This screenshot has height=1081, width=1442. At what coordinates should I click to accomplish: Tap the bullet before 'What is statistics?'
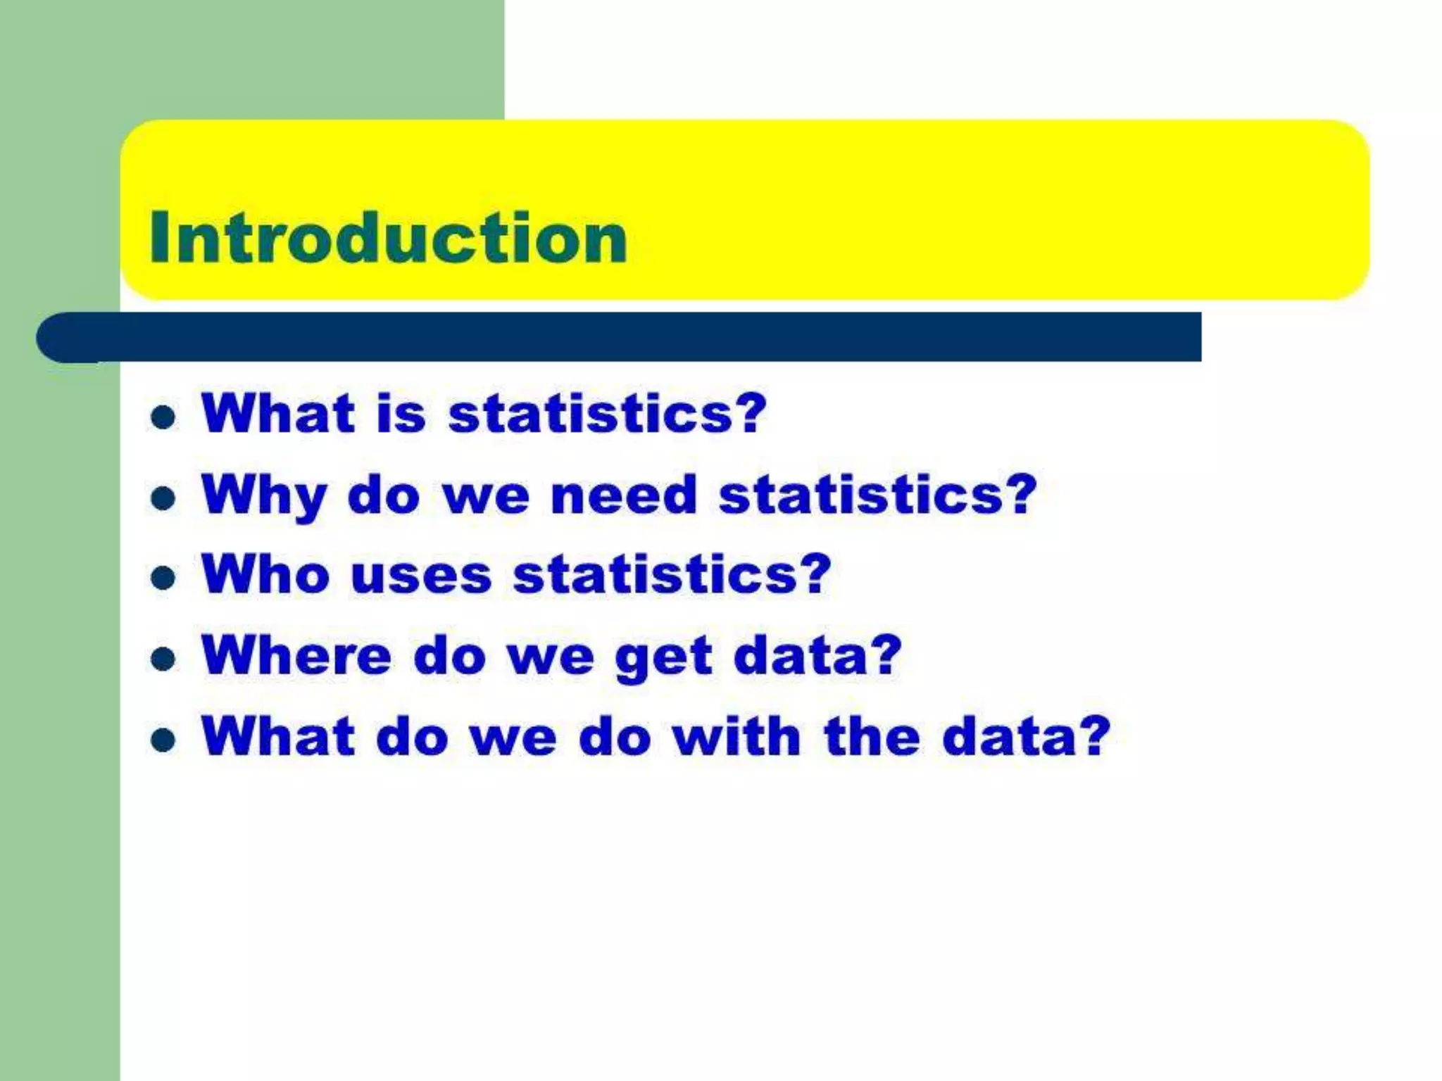163,417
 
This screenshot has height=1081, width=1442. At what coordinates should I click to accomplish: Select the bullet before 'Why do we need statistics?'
163,498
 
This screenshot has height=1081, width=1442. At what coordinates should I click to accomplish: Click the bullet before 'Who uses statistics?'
163,578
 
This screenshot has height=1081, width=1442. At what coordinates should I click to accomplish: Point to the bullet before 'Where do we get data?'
163,659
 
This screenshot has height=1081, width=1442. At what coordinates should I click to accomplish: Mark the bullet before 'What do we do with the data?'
163,740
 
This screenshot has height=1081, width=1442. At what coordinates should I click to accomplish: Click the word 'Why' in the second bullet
264,495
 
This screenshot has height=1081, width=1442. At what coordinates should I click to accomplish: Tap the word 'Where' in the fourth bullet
296,655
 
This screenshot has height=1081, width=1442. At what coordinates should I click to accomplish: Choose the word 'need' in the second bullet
624,494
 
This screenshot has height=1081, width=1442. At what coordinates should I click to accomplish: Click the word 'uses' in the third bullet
421,575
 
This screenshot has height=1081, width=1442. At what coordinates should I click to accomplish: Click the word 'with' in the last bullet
736,736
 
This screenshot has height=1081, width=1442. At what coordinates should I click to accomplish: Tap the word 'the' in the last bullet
872,736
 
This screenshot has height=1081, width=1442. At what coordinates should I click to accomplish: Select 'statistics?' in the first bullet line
607,413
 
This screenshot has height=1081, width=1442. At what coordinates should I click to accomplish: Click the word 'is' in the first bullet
401,413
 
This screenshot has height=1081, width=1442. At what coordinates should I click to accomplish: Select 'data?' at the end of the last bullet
1026,736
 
